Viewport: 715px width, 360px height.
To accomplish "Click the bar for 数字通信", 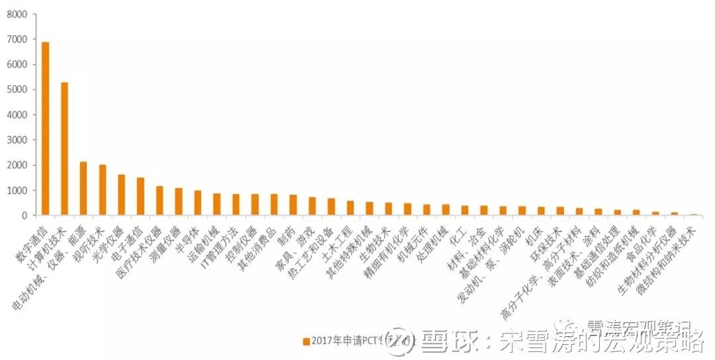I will (x=45, y=129).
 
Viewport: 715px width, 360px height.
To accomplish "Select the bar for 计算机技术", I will (x=64, y=149).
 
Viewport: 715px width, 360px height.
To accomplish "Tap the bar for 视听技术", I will (x=103, y=190).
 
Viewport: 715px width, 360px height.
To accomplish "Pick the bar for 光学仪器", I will (x=121, y=195).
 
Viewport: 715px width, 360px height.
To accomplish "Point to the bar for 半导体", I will (x=197, y=202).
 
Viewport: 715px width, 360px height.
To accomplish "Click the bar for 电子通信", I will (x=140, y=197).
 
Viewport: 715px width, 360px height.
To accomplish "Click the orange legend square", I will (x=307, y=341).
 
